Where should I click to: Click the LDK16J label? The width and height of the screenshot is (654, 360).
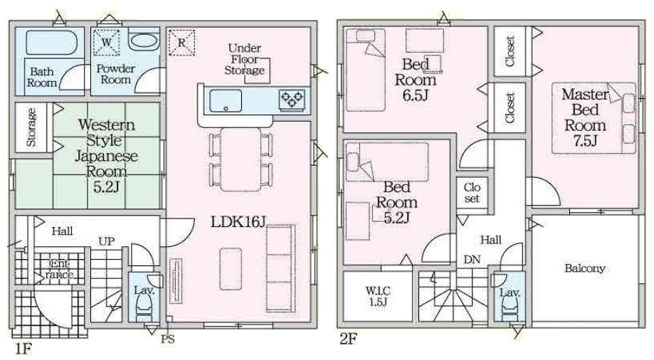(x=238, y=222)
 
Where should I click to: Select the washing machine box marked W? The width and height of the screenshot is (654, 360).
(x=106, y=42)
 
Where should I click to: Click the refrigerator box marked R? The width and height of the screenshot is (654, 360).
(x=181, y=42)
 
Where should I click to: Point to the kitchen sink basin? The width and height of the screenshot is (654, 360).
(x=226, y=100)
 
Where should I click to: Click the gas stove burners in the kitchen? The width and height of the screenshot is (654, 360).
(x=292, y=100)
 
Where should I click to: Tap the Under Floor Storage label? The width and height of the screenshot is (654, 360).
(x=244, y=59)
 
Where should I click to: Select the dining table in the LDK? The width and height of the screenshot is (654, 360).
(x=241, y=159)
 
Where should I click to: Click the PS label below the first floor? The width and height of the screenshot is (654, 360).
(x=168, y=339)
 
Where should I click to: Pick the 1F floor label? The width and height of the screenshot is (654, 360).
(x=23, y=348)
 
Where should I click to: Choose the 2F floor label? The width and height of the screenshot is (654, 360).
(x=348, y=339)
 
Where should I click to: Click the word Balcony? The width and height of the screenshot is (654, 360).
(x=585, y=268)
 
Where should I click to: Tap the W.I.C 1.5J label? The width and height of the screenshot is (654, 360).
(x=379, y=296)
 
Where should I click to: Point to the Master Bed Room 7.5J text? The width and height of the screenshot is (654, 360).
(x=585, y=117)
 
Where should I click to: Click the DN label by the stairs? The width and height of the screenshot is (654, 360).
(x=472, y=260)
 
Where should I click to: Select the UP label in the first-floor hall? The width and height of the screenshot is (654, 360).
(x=106, y=241)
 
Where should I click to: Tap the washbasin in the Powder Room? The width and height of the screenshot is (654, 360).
(x=143, y=41)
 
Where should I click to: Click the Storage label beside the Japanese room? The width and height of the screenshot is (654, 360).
(x=31, y=127)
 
